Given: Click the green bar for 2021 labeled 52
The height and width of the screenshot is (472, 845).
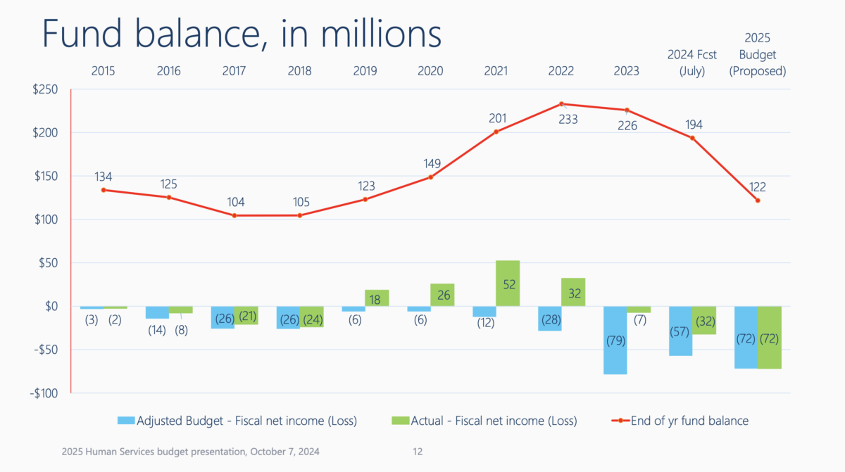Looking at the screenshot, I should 508,283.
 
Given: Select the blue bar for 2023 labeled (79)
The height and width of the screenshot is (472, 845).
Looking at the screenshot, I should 615,340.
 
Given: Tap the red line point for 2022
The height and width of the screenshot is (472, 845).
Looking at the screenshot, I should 561,104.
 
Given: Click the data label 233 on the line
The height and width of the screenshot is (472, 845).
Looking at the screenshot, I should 568,120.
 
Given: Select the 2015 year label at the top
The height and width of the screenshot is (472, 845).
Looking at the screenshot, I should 104,71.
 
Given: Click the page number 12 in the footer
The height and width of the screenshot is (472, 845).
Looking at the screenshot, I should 418,451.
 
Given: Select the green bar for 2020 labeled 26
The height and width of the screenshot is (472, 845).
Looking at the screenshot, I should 442,295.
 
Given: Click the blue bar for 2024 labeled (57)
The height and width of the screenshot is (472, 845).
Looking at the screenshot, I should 680,331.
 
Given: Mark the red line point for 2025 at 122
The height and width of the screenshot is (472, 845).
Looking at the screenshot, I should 758,200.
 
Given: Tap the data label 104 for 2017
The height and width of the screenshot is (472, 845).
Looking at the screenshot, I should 235,203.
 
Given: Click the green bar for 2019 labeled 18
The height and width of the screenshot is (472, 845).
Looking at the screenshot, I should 377,298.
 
